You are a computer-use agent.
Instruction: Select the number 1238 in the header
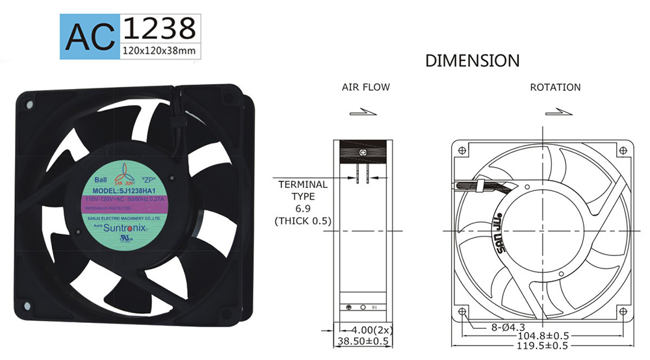(159, 28)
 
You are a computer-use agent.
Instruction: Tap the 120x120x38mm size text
(159, 50)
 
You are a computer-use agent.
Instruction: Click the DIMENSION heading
(472, 61)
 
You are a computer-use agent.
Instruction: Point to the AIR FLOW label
(366, 87)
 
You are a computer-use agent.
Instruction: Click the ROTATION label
(555, 87)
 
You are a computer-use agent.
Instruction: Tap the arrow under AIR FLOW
(363, 112)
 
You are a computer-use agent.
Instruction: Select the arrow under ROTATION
(560, 112)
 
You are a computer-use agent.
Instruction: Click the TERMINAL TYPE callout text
(303, 190)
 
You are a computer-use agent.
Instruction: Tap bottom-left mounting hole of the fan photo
(27, 305)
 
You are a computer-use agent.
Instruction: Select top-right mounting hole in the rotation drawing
(623, 150)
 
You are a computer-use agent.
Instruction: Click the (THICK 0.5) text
(303, 221)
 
